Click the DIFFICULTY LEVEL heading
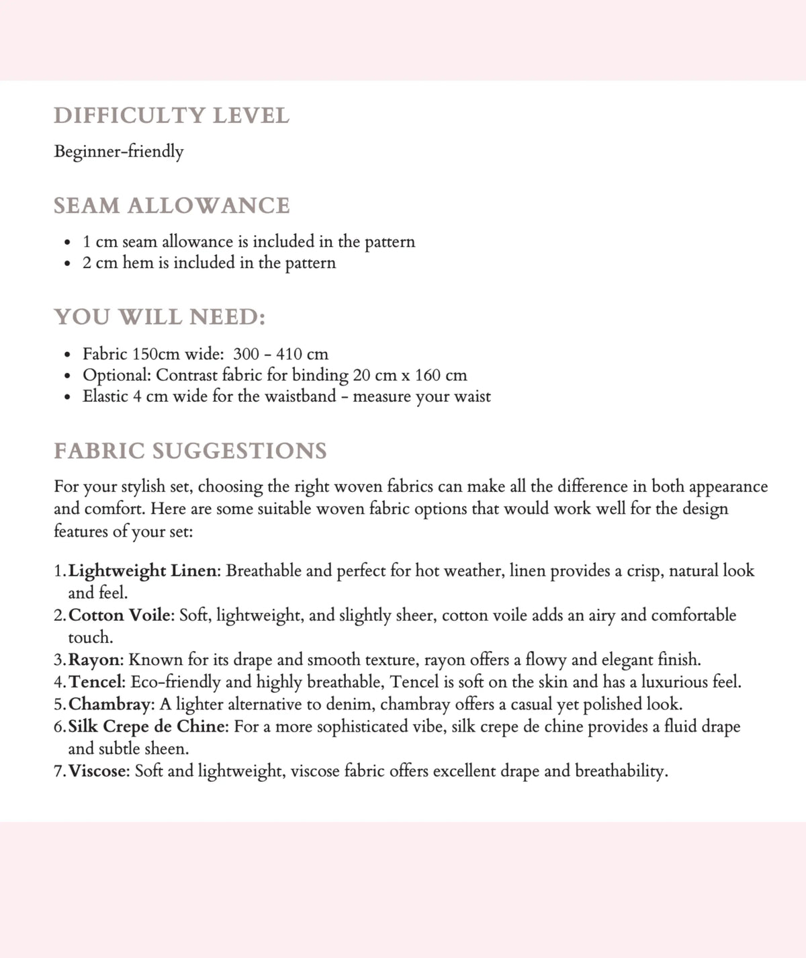[x=171, y=116]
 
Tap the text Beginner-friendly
[x=119, y=151]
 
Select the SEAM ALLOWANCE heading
[x=171, y=206]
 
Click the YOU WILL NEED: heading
[x=160, y=316]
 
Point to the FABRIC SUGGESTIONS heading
[x=190, y=450]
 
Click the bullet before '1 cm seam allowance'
[x=66, y=242]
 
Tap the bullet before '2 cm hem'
[x=66, y=263]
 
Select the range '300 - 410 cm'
[x=281, y=353]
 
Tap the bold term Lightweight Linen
[x=143, y=570]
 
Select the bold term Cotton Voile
[x=120, y=615]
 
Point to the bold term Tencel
[x=96, y=682]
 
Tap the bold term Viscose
[x=98, y=771]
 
